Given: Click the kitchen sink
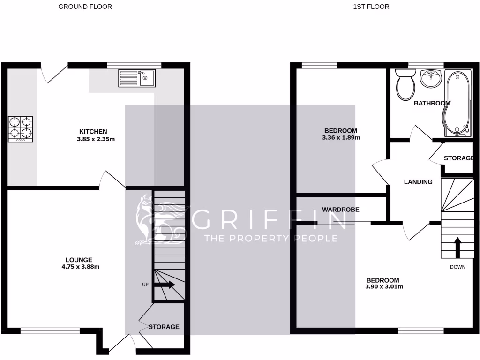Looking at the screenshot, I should click(136, 78).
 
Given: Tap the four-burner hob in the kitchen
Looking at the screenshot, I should click(20, 129).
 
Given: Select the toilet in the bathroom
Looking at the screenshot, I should click(405, 85).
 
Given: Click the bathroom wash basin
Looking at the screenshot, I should click(430, 78).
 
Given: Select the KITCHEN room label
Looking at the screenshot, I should click(93, 132).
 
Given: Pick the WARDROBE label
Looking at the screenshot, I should click(340, 210).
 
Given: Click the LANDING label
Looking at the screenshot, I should click(418, 182).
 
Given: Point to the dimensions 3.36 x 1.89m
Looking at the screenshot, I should click(341, 138).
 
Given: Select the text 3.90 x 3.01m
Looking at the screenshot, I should click(384, 287).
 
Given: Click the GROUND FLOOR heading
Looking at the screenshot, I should click(85, 7).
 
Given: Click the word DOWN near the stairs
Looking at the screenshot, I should click(457, 267).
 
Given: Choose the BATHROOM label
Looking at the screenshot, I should click(432, 103).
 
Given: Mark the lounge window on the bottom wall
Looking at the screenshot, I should click(50, 331).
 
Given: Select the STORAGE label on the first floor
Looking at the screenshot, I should click(458, 158).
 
